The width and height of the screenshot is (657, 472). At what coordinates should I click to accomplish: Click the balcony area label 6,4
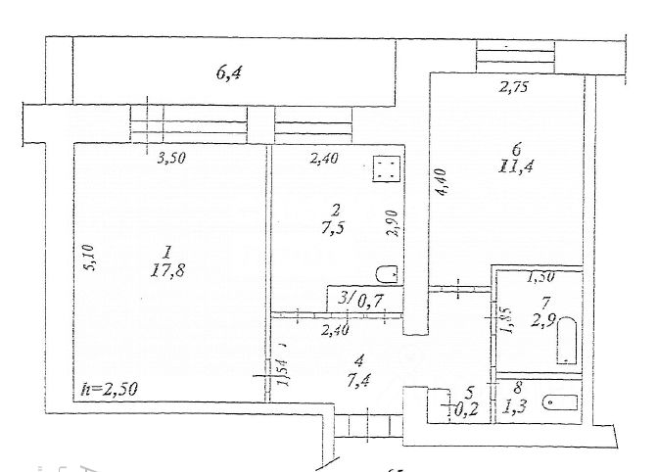click(228, 71)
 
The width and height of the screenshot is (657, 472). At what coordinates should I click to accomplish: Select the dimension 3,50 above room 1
click(171, 160)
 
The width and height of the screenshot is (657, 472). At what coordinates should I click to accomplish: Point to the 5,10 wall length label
click(87, 258)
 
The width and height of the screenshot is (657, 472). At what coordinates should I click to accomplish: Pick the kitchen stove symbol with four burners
click(384, 169)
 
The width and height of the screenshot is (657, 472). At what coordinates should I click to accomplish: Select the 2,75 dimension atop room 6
click(514, 88)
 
